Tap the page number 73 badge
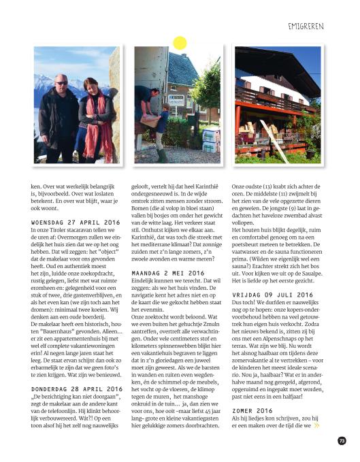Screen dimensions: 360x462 coord(342,440)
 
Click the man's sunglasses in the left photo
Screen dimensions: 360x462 coord(62,82)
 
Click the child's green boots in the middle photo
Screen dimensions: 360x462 coord(163,154)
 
